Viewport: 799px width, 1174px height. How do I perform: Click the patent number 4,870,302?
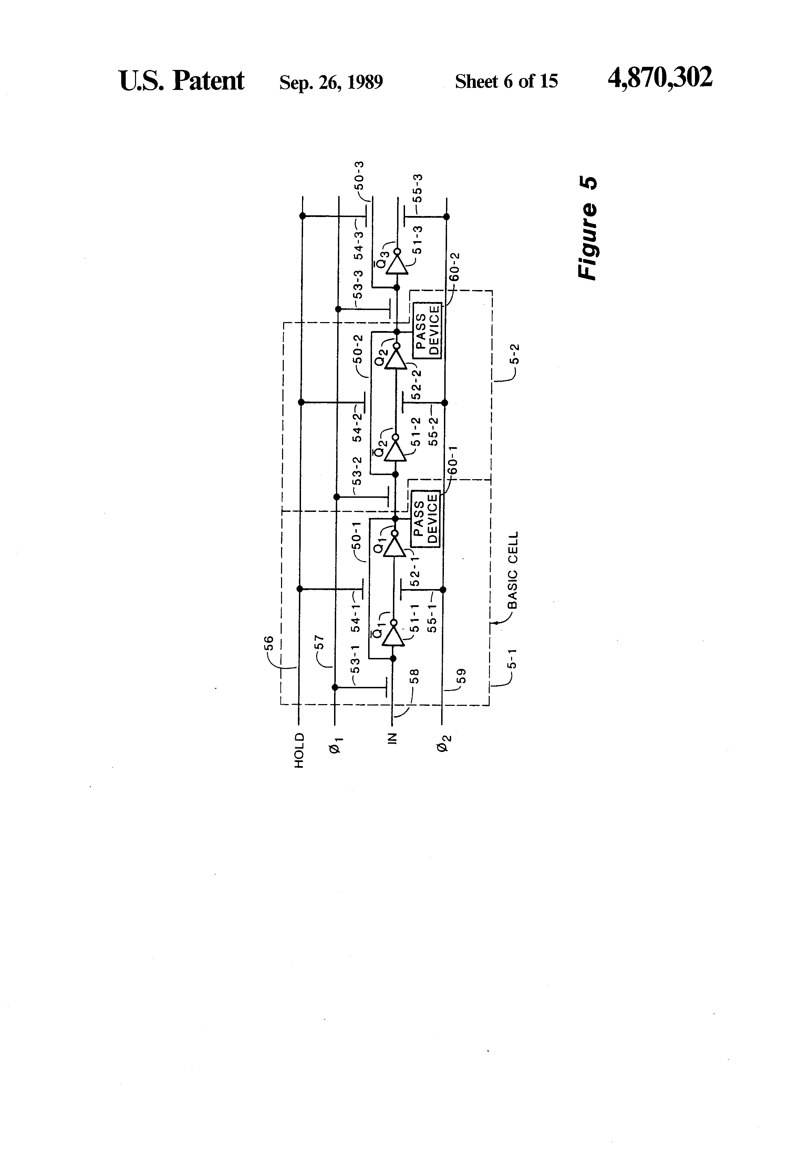(660, 78)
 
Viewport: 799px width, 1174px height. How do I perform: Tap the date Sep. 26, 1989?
(331, 82)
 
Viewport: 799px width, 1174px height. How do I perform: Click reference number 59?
(461, 676)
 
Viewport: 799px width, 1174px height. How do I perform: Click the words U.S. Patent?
(181, 81)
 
